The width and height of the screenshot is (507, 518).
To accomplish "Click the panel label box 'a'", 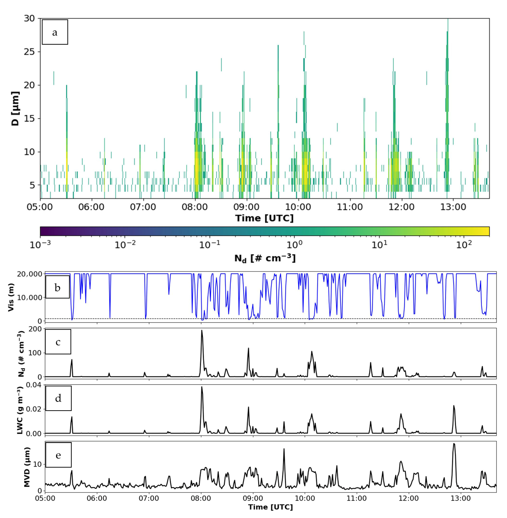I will (55, 32).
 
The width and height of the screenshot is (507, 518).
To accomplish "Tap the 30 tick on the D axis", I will (29, 18).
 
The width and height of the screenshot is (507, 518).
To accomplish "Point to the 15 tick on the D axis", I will (29, 119).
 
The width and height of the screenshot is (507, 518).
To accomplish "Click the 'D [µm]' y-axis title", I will (15, 108).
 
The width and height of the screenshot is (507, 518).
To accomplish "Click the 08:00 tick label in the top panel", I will (195, 207).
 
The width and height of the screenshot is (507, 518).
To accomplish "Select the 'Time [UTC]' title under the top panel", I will (264, 218).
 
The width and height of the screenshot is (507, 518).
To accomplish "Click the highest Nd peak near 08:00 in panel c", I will (202, 331).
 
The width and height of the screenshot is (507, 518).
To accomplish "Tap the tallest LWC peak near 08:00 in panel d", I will (202, 387).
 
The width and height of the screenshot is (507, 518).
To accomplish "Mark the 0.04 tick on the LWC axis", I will (34, 385).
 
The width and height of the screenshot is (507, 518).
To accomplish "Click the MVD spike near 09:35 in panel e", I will (284, 449).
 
